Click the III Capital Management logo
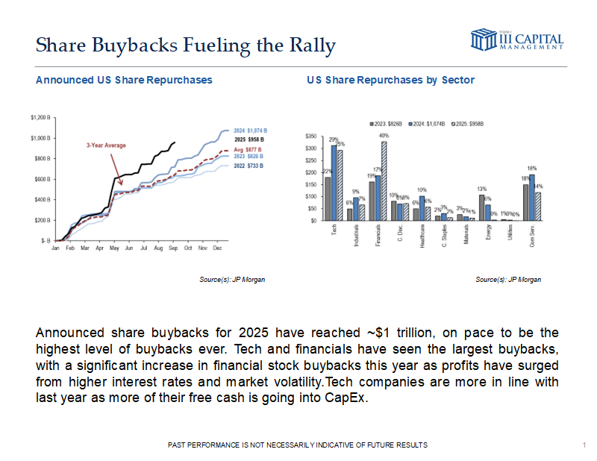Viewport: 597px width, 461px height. tap(517, 40)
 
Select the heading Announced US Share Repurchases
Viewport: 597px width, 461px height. tap(124, 80)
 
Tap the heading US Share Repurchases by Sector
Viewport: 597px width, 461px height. tap(390, 80)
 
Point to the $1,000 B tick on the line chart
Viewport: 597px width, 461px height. tap(40, 138)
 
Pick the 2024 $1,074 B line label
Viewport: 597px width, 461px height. tap(250, 131)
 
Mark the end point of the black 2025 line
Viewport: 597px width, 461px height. tap(175, 142)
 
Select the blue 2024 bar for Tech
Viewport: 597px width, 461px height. tap(334, 183)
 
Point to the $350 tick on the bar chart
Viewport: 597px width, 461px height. tap(311, 137)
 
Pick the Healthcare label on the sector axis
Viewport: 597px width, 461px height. tap(422, 236)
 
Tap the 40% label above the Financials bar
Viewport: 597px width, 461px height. tap(384, 136)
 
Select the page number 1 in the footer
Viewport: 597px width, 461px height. tap(582, 445)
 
